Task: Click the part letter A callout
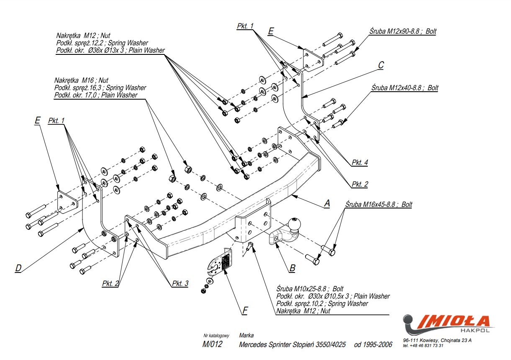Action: tap(327, 203)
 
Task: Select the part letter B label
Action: tap(292, 267)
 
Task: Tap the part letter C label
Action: tap(381, 65)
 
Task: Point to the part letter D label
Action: tap(18, 268)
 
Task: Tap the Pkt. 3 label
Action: tap(180, 283)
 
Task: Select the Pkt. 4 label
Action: tap(359, 162)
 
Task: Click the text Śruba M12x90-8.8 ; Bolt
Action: tap(403, 31)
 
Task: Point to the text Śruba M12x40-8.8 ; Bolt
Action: tap(404, 88)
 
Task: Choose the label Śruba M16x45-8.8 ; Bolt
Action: tap(379, 204)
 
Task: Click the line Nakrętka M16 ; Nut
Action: tap(81, 80)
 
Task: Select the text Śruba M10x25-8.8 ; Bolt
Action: tap(310, 289)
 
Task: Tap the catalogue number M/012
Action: tap(212, 345)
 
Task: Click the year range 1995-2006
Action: tap(378, 345)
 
